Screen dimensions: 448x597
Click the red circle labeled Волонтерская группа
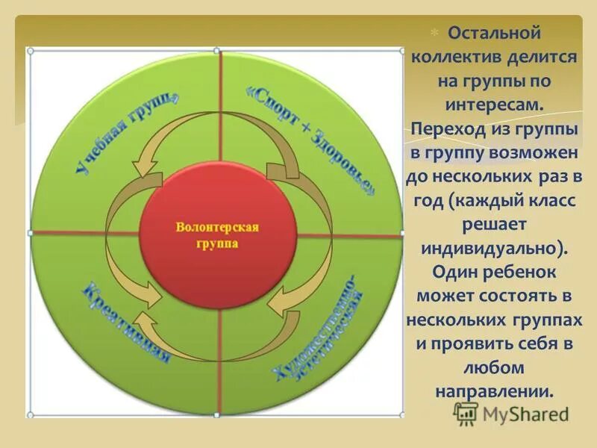tap(216, 234)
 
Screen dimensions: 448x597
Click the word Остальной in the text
tap(493, 34)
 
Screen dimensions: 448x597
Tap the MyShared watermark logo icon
tap(466, 412)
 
